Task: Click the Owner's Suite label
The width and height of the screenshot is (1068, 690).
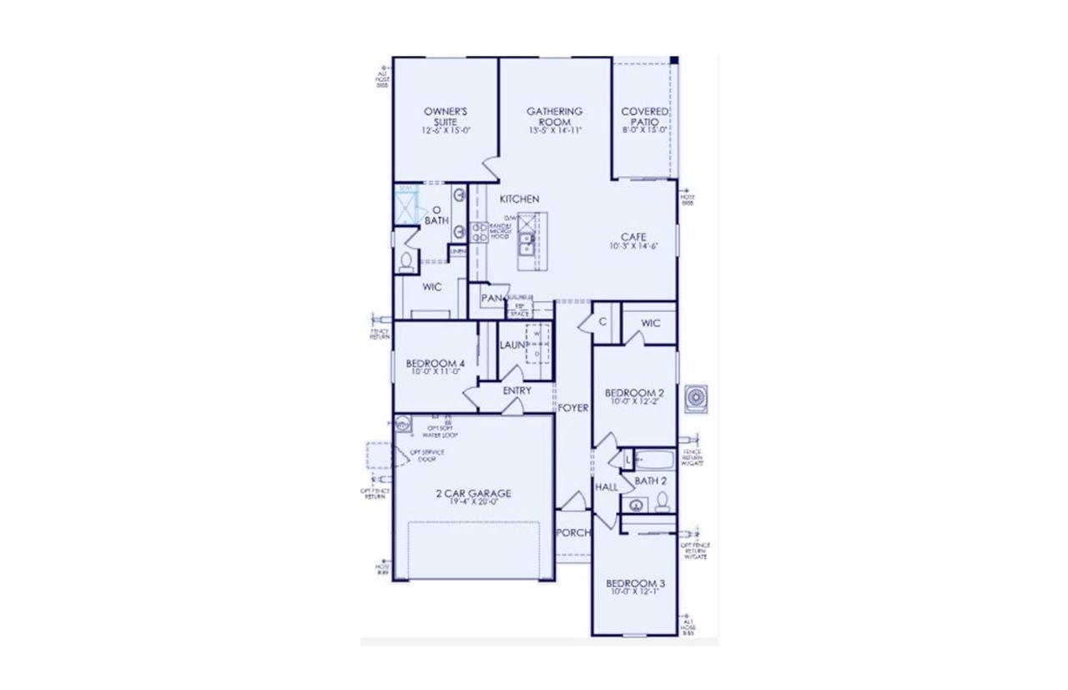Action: pyautogui.click(x=445, y=116)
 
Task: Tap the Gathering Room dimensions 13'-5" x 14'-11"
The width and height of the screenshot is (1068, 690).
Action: pyautogui.click(x=554, y=130)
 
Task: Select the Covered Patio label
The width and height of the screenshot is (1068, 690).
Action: pyautogui.click(x=645, y=116)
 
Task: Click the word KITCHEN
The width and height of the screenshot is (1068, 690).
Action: pyautogui.click(x=519, y=199)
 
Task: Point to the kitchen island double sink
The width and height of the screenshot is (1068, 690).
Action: pyautogui.click(x=527, y=243)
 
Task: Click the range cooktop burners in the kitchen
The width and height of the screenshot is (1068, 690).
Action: pyautogui.click(x=480, y=233)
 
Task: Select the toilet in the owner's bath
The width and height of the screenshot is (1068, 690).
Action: pyautogui.click(x=406, y=263)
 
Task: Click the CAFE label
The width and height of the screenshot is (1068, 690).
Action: pyautogui.click(x=633, y=237)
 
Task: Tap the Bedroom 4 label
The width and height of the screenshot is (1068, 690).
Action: pyautogui.click(x=435, y=364)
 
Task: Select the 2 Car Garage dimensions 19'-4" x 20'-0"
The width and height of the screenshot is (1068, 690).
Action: pyautogui.click(x=473, y=502)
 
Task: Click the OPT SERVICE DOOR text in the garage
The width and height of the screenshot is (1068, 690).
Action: pyautogui.click(x=426, y=456)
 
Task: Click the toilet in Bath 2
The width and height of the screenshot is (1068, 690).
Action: pyautogui.click(x=662, y=501)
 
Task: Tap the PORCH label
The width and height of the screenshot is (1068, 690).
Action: pyautogui.click(x=573, y=532)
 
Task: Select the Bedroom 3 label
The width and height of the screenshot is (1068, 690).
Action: pyautogui.click(x=634, y=582)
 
